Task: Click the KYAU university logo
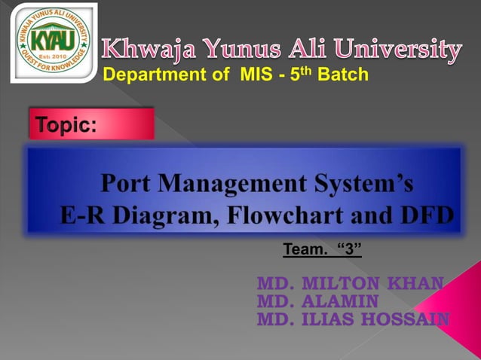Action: [53, 42]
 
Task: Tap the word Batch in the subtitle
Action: [343, 75]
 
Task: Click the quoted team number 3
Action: [348, 249]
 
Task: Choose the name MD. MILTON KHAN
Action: [350, 284]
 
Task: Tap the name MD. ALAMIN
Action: [317, 301]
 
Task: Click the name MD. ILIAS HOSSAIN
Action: [353, 319]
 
